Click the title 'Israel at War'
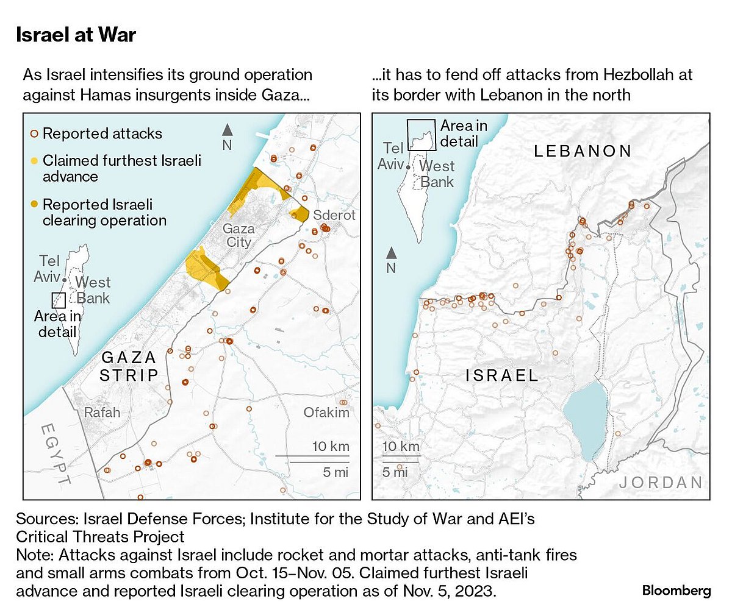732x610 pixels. (76, 35)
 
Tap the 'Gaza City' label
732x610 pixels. (237, 235)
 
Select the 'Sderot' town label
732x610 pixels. (334, 216)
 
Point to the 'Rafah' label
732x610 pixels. (102, 413)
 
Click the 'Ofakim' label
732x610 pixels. (326, 413)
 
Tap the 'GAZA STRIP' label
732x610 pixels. (129, 366)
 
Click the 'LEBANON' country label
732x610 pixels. (583, 151)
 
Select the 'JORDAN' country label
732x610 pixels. (661, 483)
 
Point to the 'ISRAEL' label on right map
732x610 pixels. (502, 375)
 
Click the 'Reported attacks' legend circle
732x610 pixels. (35, 133)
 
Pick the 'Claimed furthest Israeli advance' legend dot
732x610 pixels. (35, 161)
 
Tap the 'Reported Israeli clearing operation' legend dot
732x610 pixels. (35, 204)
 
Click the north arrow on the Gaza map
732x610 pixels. (227, 130)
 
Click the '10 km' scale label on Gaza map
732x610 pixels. (331, 446)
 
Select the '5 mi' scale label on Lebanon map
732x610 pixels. (395, 472)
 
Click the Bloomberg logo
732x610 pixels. (676, 590)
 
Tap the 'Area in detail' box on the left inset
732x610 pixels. (59, 300)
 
